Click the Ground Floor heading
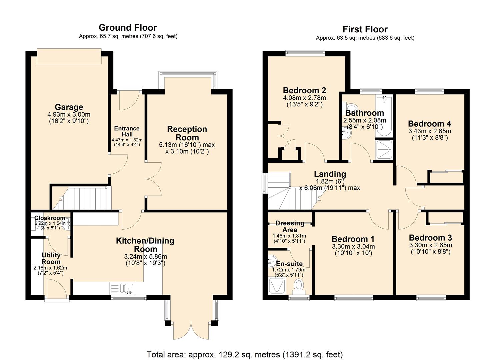click(x=128, y=28)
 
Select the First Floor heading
click(x=365, y=29)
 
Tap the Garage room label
click(x=69, y=107)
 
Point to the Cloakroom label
click(x=50, y=218)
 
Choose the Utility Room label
click(x=51, y=258)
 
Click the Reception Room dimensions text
click(x=187, y=148)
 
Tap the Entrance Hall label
click(x=127, y=131)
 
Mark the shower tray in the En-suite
click(x=276, y=286)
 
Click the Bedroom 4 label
click(x=429, y=124)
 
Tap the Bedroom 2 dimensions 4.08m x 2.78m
click(x=304, y=98)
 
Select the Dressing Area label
click(x=290, y=226)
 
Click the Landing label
click(x=330, y=174)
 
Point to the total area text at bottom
click(x=245, y=354)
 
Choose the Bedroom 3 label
click(x=430, y=238)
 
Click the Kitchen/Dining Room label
click(x=145, y=245)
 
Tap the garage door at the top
click(x=69, y=56)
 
